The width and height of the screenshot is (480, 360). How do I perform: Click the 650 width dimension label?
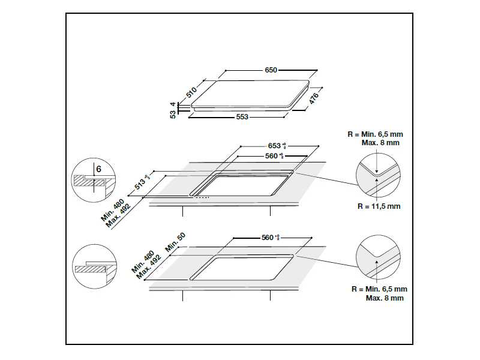(x=271, y=70)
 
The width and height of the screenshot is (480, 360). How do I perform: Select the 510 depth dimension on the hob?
(x=191, y=92)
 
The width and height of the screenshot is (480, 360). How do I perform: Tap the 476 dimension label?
(x=314, y=98)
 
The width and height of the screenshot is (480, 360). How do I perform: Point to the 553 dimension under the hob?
(x=242, y=117)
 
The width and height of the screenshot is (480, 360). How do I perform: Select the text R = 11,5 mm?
(x=379, y=206)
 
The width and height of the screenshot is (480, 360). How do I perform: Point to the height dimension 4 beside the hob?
(x=173, y=104)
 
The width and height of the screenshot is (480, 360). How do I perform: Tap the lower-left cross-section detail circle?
(x=93, y=266)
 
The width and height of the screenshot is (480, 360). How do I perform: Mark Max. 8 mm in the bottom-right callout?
(x=385, y=298)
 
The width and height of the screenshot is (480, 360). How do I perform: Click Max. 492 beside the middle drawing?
(x=119, y=217)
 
